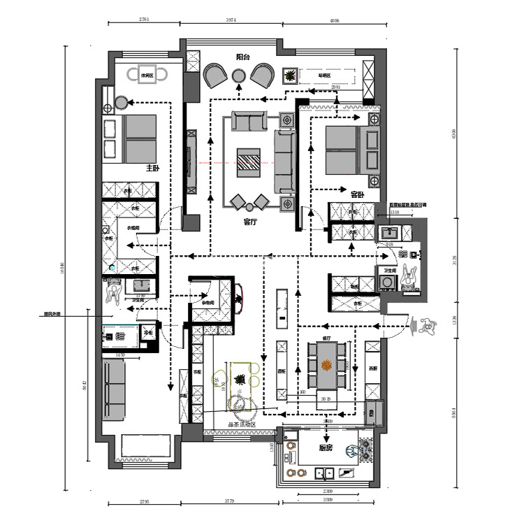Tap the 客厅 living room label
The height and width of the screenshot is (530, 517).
(x=249, y=222)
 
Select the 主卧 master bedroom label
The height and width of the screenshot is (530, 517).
(x=152, y=169)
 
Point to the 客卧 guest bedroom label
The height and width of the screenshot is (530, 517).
(x=357, y=194)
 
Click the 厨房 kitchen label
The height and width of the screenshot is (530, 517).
(x=325, y=448)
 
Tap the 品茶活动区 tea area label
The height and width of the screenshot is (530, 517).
(x=242, y=424)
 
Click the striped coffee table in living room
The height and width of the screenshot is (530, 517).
(x=249, y=160)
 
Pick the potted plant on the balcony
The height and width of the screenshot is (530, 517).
(x=288, y=76)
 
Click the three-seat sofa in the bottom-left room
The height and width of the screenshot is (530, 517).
(x=112, y=390)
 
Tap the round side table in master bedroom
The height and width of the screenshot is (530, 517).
(x=120, y=103)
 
